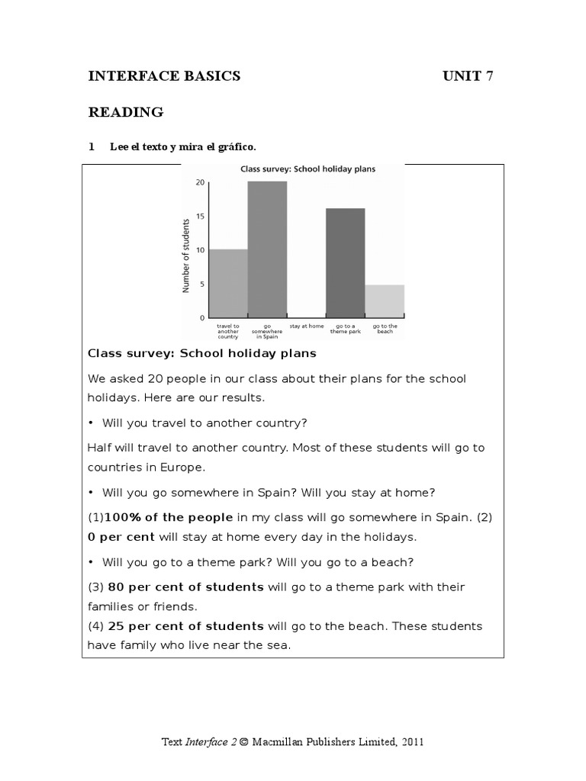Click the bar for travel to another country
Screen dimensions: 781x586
pos(228,283)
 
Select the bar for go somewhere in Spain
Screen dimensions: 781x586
pos(267,249)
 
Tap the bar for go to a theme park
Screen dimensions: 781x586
pos(346,262)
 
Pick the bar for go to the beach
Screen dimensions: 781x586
pos(385,301)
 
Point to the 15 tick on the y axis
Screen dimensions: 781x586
pos(200,216)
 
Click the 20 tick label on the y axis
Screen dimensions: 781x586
pos(200,182)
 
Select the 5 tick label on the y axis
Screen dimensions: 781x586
pos(201,284)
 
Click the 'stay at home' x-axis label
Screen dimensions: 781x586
pos(306,326)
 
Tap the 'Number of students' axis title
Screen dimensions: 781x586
pos(185,256)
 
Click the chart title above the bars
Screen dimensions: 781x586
pos(307,169)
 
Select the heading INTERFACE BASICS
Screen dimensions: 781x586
pos(164,76)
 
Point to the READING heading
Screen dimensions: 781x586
pos(126,113)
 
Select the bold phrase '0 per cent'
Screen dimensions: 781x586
pos(121,537)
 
